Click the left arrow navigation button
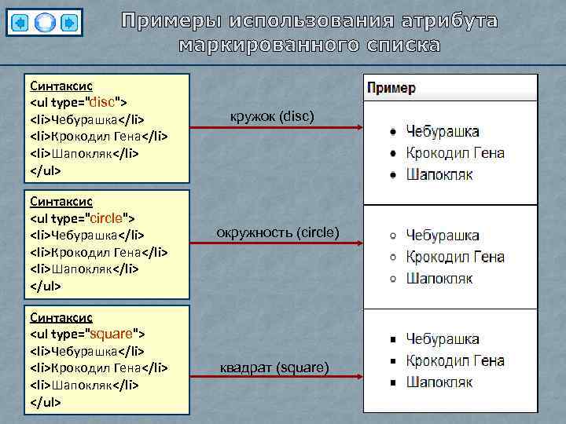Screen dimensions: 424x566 coord(21,22)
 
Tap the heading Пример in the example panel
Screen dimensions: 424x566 coord(391,87)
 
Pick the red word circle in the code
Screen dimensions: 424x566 coord(111,217)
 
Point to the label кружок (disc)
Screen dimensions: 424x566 coord(271,117)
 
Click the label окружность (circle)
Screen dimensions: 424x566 coord(277,232)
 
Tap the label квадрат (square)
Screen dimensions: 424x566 coord(274,367)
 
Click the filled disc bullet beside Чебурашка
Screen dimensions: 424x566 coord(392,132)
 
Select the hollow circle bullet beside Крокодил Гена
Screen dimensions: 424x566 coord(392,257)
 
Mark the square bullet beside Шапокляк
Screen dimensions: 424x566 coord(392,383)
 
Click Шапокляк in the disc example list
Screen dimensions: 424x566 coord(439,174)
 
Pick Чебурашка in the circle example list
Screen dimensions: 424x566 coord(443,236)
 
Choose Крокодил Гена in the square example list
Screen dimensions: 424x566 coord(455,361)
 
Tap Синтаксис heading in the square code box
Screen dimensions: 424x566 coord(61,316)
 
